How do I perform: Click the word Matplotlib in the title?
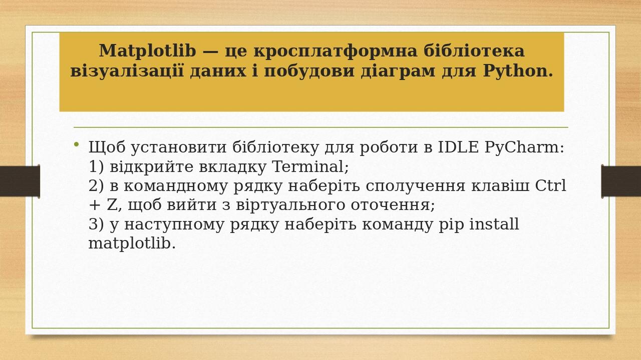click(147, 51)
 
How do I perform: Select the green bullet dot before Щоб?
click(76, 145)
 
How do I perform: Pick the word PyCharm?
click(524, 147)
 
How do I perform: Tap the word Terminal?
click(310, 166)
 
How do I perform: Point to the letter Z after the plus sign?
click(112, 205)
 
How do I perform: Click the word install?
click(494, 224)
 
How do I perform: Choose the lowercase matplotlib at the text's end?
click(132, 243)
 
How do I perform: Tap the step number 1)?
click(96, 166)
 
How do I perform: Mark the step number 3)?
click(96, 224)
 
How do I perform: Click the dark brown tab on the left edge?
click(20, 181)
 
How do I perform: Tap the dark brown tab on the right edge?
click(621, 181)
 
